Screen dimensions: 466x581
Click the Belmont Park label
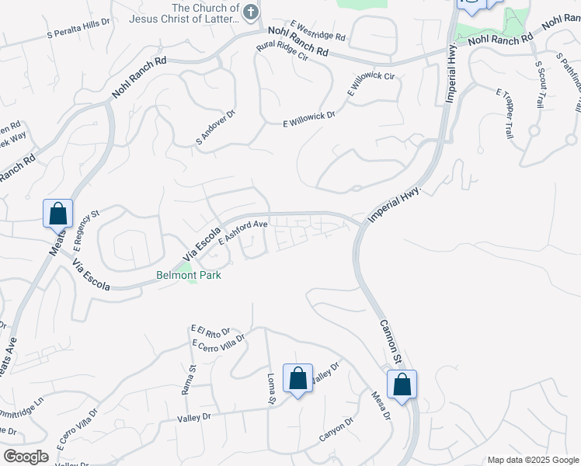point(189,275)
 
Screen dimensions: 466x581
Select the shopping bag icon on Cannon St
point(402,384)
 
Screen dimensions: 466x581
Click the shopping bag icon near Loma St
point(297,378)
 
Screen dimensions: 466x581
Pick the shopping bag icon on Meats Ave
point(57,214)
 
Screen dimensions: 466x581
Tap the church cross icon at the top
point(250,11)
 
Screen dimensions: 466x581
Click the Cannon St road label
point(390,343)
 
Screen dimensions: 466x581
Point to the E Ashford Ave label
point(242,232)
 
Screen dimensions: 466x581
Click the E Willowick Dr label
point(308,117)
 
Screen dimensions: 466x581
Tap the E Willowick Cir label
point(371,85)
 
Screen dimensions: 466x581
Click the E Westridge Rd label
point(318,31)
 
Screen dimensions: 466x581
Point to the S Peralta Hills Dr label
point(78,30)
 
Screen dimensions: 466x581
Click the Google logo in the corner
point(26,457)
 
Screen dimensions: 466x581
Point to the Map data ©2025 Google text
point(532,460)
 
